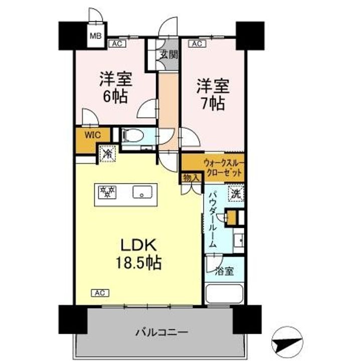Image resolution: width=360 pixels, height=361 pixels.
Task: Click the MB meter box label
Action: click(x=96, y=36)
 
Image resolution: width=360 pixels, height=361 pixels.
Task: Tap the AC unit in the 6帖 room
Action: click(x=117, y=44)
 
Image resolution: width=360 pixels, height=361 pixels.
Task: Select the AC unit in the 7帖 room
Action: click(x=197, y=44)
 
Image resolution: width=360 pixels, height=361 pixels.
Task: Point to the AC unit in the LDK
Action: click(x=100, y=293)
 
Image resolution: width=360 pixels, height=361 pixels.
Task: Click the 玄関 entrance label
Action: click(x=169, y=55)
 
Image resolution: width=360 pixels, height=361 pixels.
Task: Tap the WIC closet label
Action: click(x=93, y=135)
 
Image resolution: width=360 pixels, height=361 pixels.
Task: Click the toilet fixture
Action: click(x=133, y=135)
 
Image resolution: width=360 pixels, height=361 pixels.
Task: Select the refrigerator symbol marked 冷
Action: click(x=107, y=153)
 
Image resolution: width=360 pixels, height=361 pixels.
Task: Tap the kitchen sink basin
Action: click(x=142, y=192)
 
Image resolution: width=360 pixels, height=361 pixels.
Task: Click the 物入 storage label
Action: click(x=191, y=177)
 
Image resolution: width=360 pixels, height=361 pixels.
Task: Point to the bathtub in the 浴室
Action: click(x=225, y=294)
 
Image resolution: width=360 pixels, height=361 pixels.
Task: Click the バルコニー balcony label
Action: click(x=161, y=332)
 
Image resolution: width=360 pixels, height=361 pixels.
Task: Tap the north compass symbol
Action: click(x=287, y=342)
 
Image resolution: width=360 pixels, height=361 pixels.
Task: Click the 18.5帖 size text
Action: click(x=138, y=263)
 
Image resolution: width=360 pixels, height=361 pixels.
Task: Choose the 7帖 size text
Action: click(x=213, y=103)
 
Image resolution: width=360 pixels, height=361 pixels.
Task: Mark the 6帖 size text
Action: click(x=115, y=96)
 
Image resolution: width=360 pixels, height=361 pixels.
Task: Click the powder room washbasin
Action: click(x=239, y=240)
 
